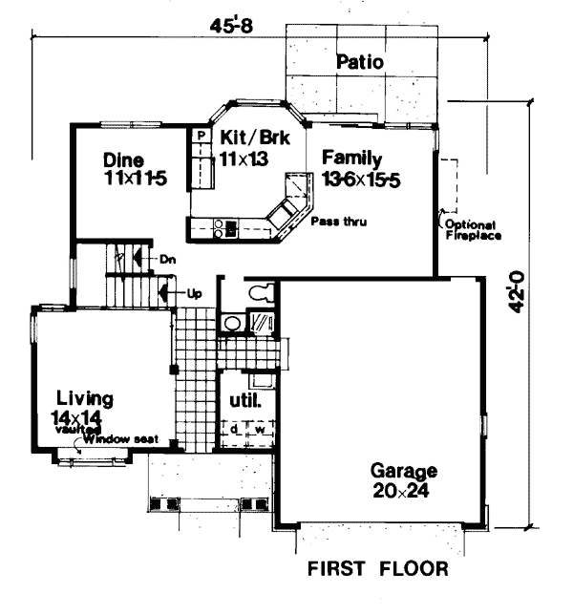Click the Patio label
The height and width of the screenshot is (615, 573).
(360, 62)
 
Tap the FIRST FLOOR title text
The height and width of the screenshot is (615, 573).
(377, 569)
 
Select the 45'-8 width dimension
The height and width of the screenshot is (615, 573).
(231, 26)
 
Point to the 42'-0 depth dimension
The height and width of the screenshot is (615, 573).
(517, 292)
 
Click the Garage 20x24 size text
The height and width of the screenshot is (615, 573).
(401, 491)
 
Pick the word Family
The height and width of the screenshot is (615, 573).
(351, 159)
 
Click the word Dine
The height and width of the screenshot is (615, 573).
(123, 160)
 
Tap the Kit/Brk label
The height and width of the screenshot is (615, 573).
(255, 138)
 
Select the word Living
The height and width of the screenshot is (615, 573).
(85, 399)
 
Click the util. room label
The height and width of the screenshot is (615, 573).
(245, 401)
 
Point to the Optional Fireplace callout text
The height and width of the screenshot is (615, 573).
(473, 230)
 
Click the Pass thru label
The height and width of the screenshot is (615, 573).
(339, 222)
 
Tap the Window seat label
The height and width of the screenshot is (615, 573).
(120, 439)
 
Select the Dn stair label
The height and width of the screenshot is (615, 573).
(167, 259)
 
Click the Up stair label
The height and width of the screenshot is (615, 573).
(194, 293)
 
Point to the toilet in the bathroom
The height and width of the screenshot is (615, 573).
(262, 292)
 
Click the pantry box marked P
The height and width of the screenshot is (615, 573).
(202, 136)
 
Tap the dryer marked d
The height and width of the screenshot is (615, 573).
(234, 430)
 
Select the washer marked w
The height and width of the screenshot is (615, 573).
(260, 430)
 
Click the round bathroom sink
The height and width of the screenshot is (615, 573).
(232, 323)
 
